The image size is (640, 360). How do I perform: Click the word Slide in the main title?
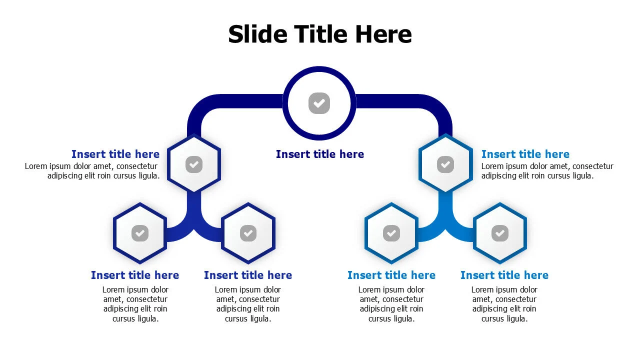(257, 34)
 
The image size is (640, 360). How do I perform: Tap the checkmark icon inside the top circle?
(319, 103)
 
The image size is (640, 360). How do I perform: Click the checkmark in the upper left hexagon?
(194, 164)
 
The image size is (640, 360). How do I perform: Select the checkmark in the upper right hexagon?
(445, 164)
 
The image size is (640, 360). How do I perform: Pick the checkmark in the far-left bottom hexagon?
(140, 233)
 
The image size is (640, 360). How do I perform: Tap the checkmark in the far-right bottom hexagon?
(500, 233)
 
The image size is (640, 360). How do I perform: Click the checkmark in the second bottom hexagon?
(248, 233)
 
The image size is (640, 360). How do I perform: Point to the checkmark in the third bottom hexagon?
(391, 233)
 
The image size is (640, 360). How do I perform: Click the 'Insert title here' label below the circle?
(320, 154)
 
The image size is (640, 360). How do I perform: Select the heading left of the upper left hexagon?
(115, 154)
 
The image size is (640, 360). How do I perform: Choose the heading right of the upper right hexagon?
(525, 154)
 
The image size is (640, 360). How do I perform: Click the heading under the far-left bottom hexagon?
(135, 275)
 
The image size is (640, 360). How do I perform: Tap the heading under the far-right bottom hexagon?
(504, 275)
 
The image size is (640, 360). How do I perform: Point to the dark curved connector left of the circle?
(217, 101)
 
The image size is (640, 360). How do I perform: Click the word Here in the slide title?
(383, 34)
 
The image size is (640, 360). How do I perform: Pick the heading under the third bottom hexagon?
(391, 275)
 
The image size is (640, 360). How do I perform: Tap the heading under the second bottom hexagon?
(248, 275)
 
